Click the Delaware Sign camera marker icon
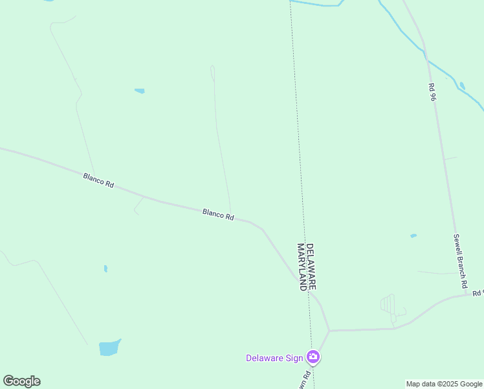(x=313, y=357)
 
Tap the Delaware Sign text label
(x=275, y=358)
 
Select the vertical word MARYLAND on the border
(x=301, y=267)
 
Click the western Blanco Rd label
(x=98, y=180)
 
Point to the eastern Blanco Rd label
(x=218, y=215)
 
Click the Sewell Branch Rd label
(x=460, y=261)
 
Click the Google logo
(x=21, y=381)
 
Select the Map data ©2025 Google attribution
(x=444, y=384)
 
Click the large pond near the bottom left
(x=109, y=348)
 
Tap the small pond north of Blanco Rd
(x=140, y=91)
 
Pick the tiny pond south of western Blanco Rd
(x=105, y=268)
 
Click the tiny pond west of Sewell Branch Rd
(x=413, y=235)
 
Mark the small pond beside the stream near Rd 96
(x=461, y=86)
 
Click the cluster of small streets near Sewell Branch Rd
(x=390, y=305)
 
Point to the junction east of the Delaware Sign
(x=329, y=331)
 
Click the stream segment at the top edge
(x=317, y=4)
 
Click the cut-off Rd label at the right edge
(x=478, y=293)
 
